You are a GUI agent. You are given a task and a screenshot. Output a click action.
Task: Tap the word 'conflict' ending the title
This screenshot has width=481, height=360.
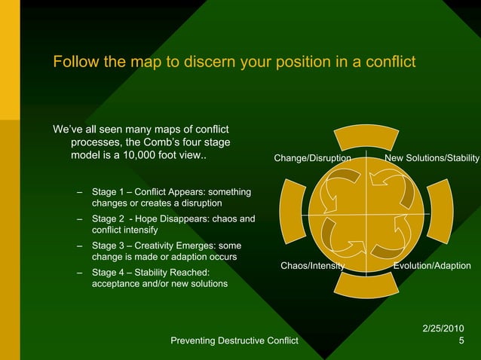click(388, 62)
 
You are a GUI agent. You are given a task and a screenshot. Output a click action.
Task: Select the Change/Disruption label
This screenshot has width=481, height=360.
click(312, 159)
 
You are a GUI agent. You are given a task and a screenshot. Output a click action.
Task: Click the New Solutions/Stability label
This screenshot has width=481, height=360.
click(432, 159)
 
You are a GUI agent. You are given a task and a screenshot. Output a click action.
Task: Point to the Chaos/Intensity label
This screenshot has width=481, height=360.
click(312, 266)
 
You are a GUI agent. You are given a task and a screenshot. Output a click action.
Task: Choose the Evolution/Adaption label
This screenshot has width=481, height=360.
click(432, 266)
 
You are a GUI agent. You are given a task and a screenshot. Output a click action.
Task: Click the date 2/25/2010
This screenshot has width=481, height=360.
click(443, 328)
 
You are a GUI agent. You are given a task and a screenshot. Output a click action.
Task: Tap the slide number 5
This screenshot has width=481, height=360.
click(461, 342)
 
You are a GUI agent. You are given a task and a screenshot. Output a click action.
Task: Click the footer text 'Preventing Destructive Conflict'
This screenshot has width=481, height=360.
click(234, 342)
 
